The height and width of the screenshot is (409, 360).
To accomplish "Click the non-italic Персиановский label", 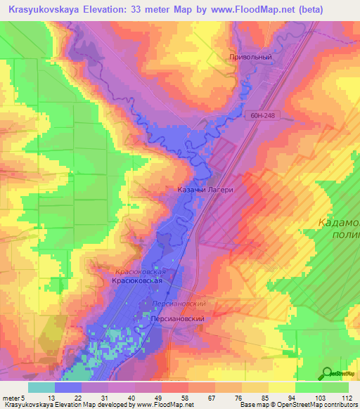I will point(178,318).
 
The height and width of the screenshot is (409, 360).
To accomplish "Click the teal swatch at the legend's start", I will point(41,387).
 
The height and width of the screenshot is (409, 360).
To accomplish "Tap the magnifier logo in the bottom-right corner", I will point(327,373).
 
